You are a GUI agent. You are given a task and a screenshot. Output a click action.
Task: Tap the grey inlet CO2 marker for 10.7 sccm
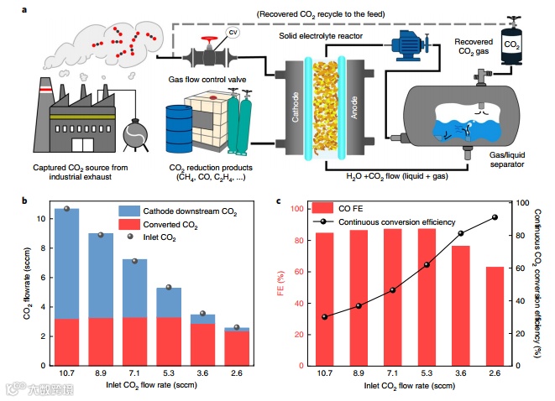pos(66,209)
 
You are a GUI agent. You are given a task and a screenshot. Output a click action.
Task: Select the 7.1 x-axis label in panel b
pos(134,372)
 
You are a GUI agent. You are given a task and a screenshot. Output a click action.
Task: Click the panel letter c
pos(278,200)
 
